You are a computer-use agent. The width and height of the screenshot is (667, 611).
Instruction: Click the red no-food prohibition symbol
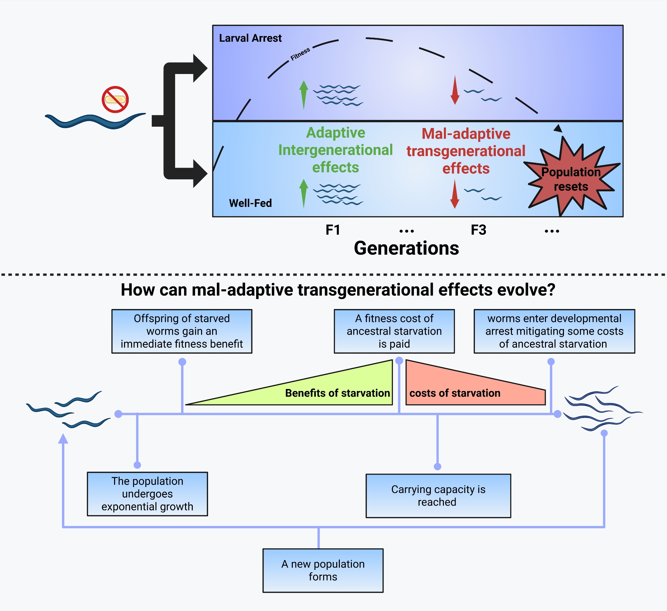[115, 99]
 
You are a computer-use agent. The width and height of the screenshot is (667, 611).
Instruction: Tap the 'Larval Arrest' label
[250, 38]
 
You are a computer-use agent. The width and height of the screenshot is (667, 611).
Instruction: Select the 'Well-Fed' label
[250, 203]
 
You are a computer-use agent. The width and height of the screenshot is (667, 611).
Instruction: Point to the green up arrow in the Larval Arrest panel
[303, 95]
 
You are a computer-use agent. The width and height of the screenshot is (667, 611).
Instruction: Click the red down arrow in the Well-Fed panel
[455, 194]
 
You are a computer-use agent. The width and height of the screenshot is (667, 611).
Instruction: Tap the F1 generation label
[332, 230]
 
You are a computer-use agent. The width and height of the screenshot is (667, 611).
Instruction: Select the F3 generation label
[478, 230]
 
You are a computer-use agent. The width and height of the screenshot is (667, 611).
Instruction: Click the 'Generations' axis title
[406, 248]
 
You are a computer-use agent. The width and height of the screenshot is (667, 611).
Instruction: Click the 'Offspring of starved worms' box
[182, 331]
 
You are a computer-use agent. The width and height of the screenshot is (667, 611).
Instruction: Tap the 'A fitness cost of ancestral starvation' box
[394, 331]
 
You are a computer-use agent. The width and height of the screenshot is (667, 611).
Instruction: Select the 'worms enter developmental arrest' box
[554, 331]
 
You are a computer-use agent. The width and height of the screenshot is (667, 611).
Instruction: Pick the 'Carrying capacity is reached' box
[438, 496]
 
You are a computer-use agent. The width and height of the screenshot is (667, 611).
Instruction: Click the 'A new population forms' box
[323, 570]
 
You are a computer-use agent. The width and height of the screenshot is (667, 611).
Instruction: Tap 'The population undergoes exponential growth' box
[147, 494]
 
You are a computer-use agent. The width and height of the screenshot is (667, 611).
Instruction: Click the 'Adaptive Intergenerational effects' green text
[336, 150]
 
